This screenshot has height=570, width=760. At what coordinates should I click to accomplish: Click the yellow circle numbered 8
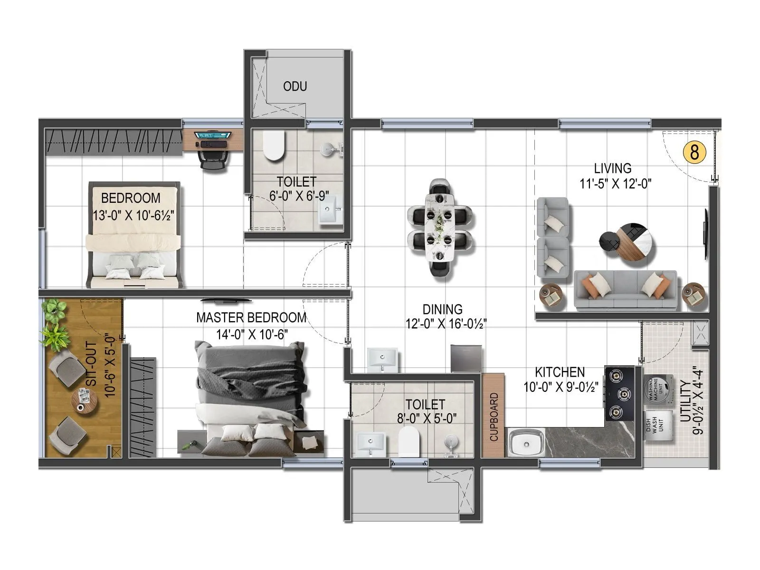pyautogui.click(x=694, y=152)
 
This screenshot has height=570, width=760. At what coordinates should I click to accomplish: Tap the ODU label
pyautogui.click(x=295, y=86)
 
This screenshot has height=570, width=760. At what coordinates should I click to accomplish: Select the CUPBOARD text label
pyautogui.click(x=494, y=417)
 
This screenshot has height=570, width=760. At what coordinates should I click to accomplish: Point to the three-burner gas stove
pyautogui.click(x=619, y=393)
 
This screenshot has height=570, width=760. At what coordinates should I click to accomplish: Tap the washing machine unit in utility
pyautogui.click(x=658, y=389)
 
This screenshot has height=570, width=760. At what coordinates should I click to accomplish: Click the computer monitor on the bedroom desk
pyautogui.click(x=213, y=135)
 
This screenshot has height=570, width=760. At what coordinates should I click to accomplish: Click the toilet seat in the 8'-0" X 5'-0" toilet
pyautogui.click(x=408, y=441)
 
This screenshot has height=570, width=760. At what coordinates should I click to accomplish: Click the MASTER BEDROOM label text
pyautogui.click(x=251, y=317)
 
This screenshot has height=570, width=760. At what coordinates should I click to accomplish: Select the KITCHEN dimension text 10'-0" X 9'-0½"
pyautogui.click(x=560, y=388)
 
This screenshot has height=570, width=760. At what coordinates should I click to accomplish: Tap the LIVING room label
pyautogui.click(x=613, y=168)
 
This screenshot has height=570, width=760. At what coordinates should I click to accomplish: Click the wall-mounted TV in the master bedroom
pyautogui.click(x=226, y=300)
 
